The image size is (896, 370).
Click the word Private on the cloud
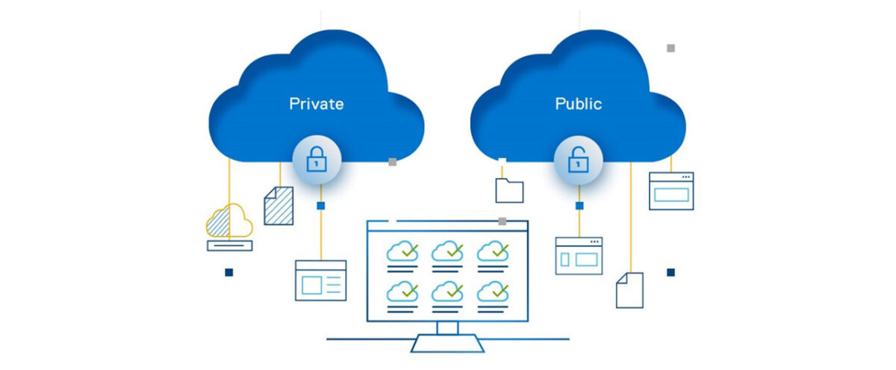click(x=317, y=104)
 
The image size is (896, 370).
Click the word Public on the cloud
click(x=579, y=104)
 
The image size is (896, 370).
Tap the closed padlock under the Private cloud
click(x=317, y=159)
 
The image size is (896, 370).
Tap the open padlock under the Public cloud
click(x=579, y=159)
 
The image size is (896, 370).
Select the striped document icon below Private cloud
click(x=279, y=206)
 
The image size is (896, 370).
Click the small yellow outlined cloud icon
click(x=229, y=221)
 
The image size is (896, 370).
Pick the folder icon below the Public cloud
click(x=509, y=191)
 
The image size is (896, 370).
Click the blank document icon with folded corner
click(x=629, y=290)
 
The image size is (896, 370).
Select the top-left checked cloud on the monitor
click(x=402, y=250)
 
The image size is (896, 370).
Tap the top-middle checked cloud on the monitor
click(x=447, y=250)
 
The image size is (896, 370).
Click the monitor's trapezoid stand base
click(x=447, y=344)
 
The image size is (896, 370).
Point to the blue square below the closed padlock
click(x=321, y=206)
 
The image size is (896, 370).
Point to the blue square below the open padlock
click(x=579, y=206)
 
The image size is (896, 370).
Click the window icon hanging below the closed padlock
click(x=321, y=280)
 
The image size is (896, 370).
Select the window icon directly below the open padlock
click(x=579, y=256)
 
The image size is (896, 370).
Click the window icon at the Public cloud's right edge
click(x=671, y=191)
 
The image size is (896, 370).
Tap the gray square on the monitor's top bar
click(x=503, y=221)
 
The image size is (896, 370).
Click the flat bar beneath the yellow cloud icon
click(x=230, y=245)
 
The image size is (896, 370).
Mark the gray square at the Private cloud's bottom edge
click(x=393, y=161)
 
